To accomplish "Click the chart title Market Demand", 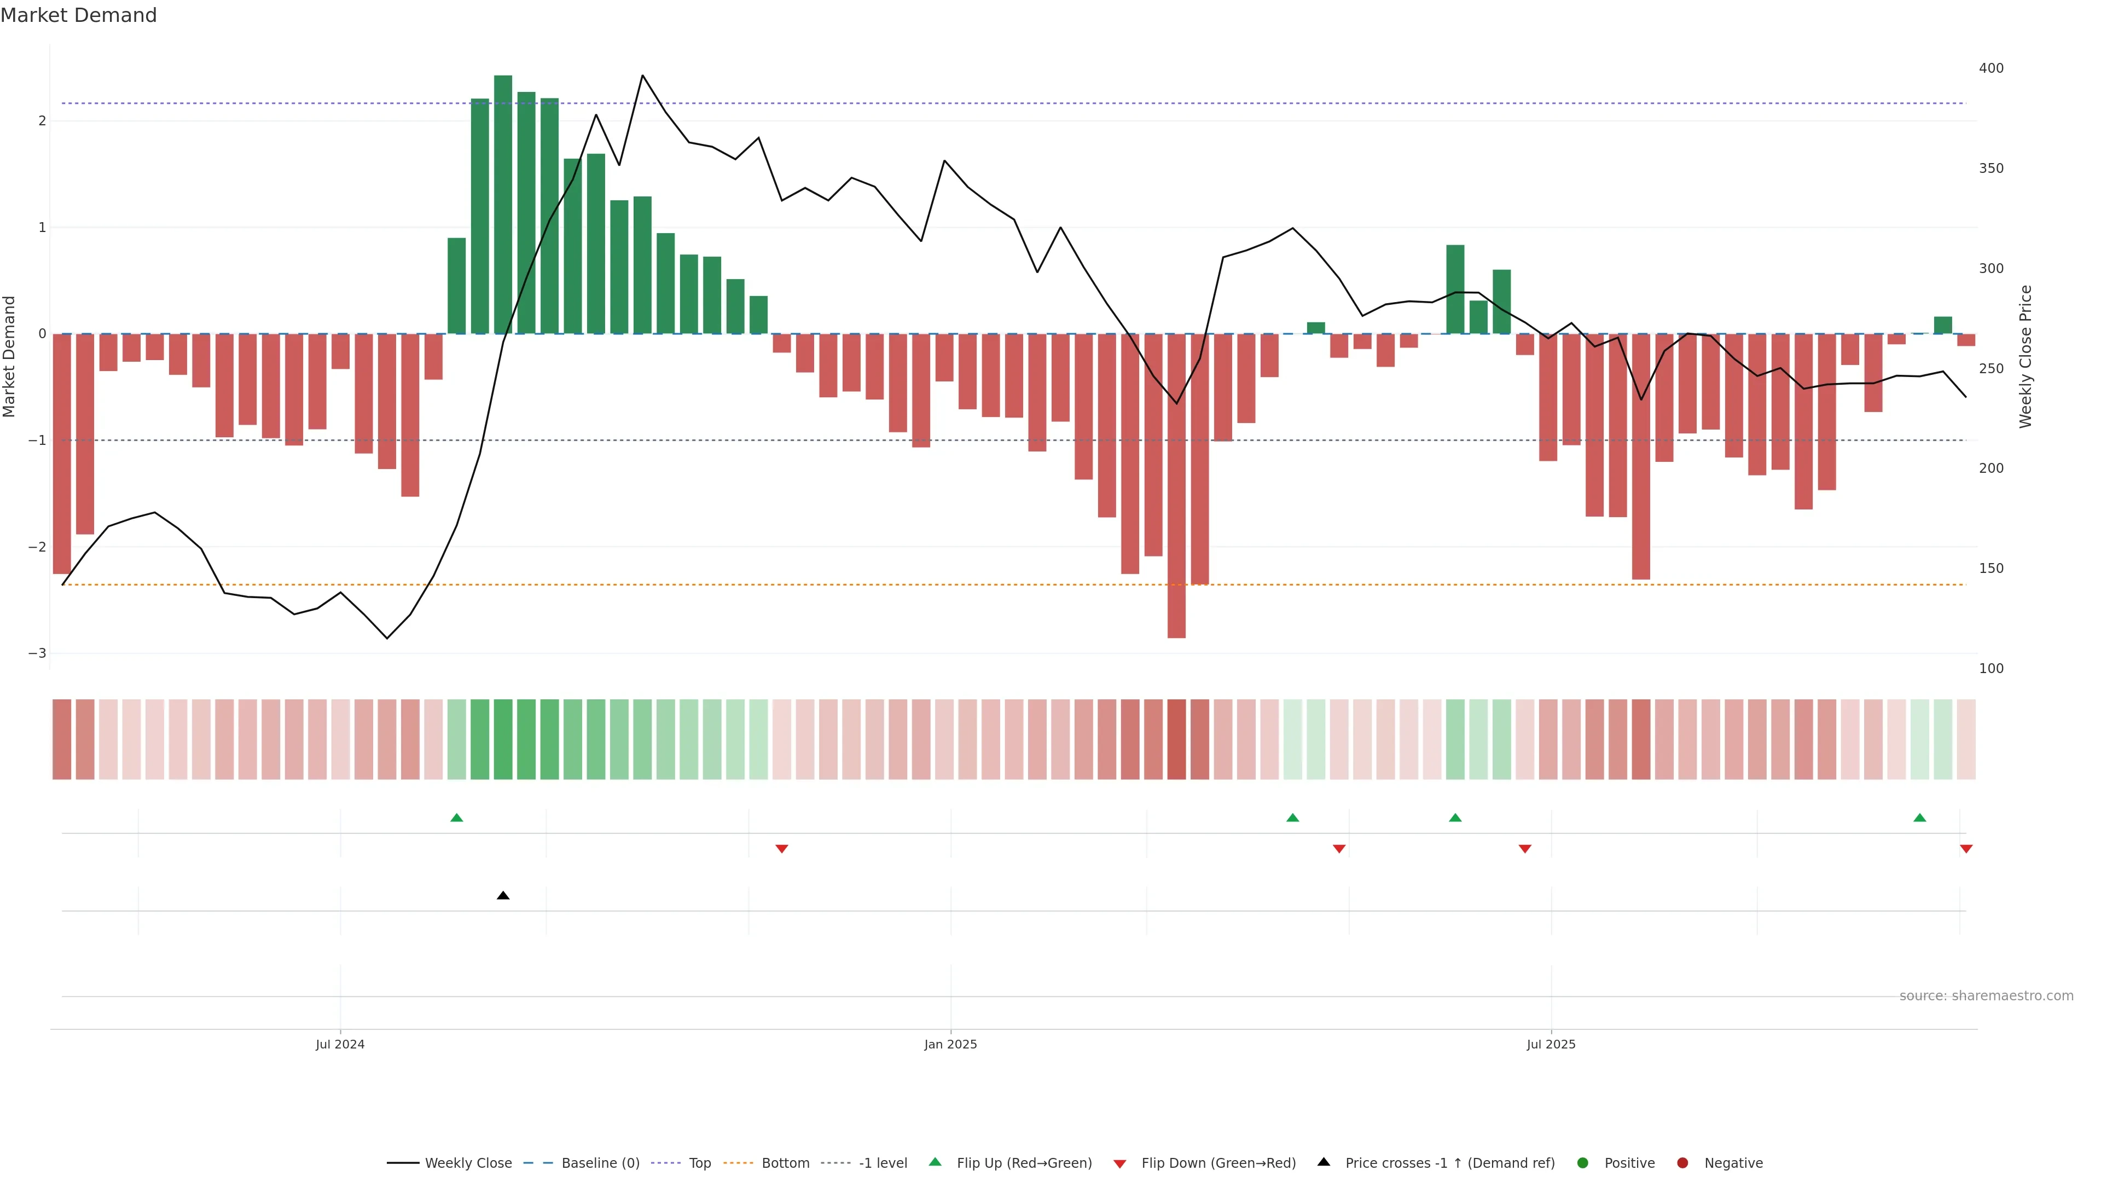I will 78,15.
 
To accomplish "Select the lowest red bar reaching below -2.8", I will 1176,489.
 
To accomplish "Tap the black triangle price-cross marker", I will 503,896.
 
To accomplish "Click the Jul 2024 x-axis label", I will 340,1044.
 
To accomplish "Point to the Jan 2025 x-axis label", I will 950,1044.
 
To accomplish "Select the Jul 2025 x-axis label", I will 1551,1044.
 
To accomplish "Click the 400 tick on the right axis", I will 1991,68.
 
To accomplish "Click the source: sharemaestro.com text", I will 1986,996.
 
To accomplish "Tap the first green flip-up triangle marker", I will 457,818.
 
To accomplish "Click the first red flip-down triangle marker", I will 781,849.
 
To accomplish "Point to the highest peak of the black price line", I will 643,76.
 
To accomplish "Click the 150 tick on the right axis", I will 1991,569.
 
